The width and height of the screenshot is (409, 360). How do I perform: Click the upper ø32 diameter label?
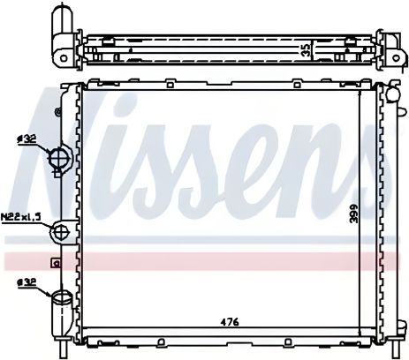coord(26,139)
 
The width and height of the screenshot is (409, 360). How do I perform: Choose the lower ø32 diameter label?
coord(26,282)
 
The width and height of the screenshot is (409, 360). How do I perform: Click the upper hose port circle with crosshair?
coord(60,159)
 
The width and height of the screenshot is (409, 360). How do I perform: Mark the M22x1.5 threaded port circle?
coord(62,232)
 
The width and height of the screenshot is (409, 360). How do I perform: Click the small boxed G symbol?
coord(56,262)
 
